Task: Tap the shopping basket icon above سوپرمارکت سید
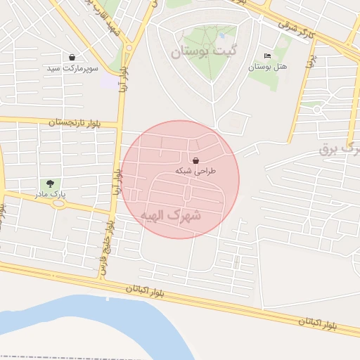point(72,57)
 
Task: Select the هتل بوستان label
point(266,67)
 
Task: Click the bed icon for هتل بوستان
point(266,56)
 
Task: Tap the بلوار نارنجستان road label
point(75,122)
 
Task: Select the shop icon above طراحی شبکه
point(195,160)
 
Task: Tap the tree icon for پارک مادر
point(49,183)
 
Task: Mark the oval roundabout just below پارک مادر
point(57,203)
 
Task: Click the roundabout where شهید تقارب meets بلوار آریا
point(129,47)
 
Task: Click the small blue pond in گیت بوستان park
point(222,32)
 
